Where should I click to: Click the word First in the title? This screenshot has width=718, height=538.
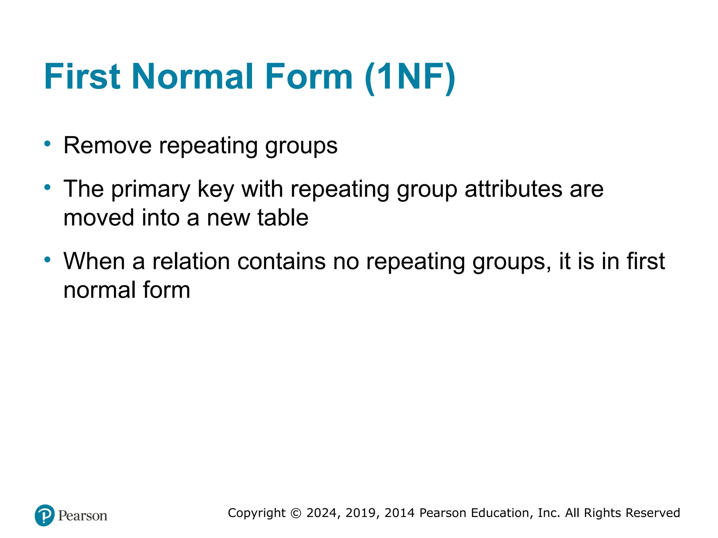[82, 76]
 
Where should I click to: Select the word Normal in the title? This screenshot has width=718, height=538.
[192, 76]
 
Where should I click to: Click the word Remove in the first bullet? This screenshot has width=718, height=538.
[107, 145]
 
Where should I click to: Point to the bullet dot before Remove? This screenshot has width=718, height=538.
[47, 144]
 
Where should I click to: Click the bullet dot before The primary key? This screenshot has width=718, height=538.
[47, 187]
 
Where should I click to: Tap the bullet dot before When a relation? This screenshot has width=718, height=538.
[47, 260]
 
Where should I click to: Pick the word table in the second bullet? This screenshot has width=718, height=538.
[283, 218]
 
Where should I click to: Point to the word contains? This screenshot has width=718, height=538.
[281, 261]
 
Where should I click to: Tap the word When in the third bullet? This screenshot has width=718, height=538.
[94, 261]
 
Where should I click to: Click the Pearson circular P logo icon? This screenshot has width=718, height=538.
[45, 515]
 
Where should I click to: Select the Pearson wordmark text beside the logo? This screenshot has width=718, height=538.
[83, 516]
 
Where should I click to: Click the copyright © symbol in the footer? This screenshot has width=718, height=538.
[296, 513]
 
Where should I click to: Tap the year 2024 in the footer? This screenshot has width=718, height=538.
[322, 513]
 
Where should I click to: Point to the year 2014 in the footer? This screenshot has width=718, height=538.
[400, 513]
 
